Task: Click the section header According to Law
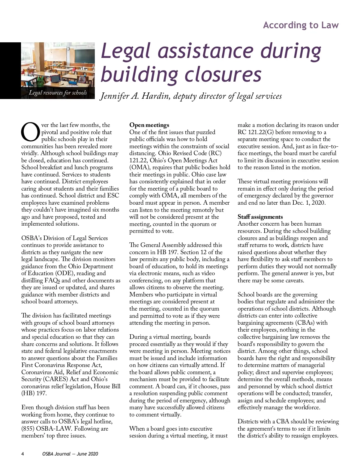click(301, 25)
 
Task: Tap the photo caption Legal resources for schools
click(58, 93)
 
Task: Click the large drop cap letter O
click(30, 132)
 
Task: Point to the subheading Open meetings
click(149, 125)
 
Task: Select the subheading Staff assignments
click(260, 217)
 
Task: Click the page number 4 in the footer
click(23, 454)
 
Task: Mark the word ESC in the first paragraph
click(113, 195)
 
